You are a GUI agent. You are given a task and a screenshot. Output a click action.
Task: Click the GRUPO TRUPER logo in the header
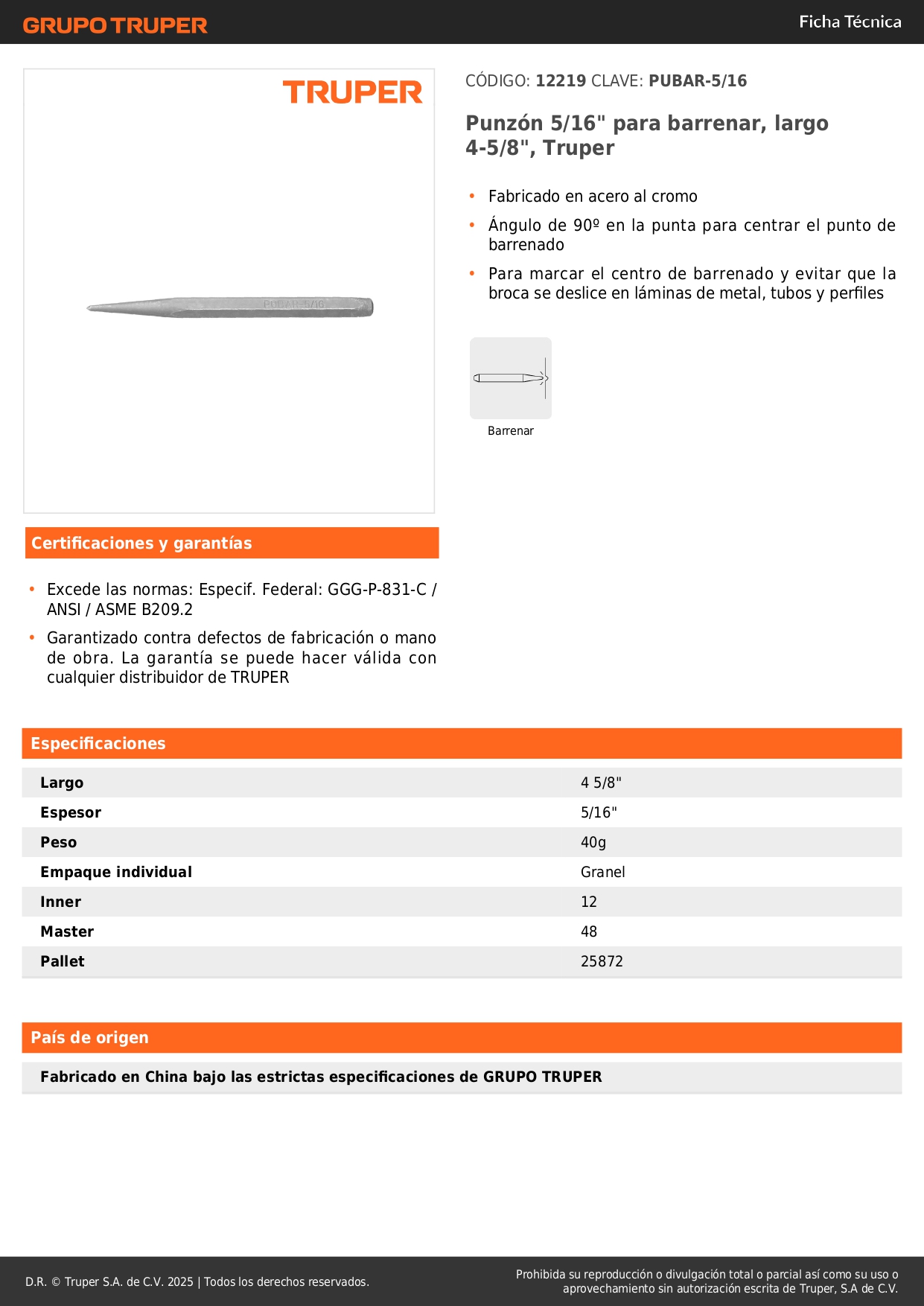point(115,25)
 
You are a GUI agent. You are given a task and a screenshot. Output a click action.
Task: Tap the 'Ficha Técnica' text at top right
point(850,22)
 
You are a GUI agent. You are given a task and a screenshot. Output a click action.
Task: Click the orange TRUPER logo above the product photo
point(352,93)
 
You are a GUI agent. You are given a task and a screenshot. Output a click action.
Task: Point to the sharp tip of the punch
point(89,308)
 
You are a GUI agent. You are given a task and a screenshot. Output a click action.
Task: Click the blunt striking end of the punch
point(369,307)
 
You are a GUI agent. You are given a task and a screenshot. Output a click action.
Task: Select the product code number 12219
point(561,81)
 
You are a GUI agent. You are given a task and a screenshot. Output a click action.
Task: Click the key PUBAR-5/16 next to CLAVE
point(698,81)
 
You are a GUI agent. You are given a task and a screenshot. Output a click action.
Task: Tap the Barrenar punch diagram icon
point(511,378)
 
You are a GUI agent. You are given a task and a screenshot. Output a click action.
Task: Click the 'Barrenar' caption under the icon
point(511,431)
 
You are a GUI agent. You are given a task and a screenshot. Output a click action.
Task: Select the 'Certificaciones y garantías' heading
point(141,544)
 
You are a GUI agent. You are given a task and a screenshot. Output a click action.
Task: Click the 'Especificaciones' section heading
point(98,744)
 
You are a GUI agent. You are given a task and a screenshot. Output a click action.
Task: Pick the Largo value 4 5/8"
point(601,783)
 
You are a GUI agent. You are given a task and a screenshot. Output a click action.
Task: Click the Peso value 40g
point(593,842)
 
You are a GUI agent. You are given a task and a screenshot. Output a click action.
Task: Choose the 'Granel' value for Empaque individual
point(603,872)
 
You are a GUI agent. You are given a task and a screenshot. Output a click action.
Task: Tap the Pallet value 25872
point(602,961)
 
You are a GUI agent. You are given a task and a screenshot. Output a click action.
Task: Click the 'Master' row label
point(67,931)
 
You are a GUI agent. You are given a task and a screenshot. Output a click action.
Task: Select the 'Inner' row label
point(61,902)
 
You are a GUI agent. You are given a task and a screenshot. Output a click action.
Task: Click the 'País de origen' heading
point(90,1038)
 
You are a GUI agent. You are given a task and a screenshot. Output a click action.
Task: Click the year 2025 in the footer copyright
point(180,1282)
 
